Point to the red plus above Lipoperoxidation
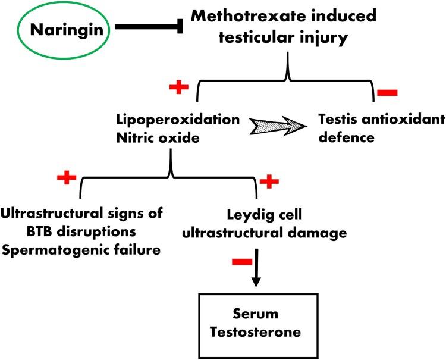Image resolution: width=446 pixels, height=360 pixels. click(178, 87)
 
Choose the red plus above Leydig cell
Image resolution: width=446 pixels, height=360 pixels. click(269, 181)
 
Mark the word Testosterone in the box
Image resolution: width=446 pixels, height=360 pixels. click(256, 328)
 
